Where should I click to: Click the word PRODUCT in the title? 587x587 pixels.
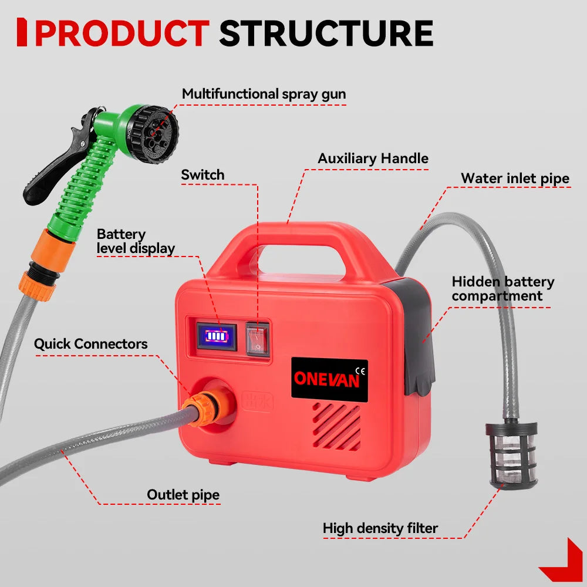[122, 33]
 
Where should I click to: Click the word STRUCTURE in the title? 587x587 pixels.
[326, 33]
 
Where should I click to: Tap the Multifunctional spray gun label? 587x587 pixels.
[264, 94]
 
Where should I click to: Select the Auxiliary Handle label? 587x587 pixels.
[373, 158]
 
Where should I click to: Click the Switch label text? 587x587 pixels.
[203, 175]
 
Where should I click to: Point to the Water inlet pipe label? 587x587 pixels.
[515, 178]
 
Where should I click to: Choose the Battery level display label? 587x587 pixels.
[136, 241]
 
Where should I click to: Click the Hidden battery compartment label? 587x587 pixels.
[502, 288]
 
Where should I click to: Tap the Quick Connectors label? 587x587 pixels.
[90, 344]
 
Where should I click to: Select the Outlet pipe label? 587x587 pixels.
[183, 495]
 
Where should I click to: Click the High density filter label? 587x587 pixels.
[380, 528]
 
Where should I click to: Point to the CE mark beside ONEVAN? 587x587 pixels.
[361, 370]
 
